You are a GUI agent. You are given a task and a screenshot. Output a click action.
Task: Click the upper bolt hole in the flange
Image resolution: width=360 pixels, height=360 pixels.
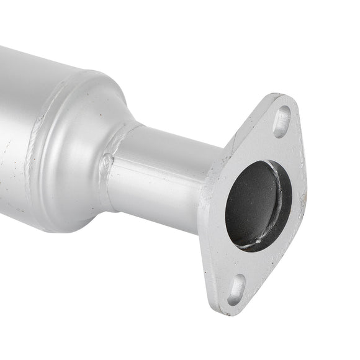tap(282, 122)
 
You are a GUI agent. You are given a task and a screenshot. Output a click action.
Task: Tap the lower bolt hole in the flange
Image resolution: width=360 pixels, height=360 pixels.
tap(236, 290)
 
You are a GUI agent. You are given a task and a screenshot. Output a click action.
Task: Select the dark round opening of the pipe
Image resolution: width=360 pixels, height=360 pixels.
tap(256, 205)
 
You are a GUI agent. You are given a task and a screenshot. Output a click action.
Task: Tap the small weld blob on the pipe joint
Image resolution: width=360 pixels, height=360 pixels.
tap(107, 163)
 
